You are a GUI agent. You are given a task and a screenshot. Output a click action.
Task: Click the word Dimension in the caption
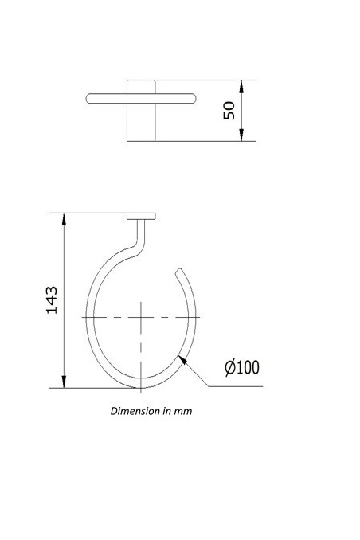pos(132,413)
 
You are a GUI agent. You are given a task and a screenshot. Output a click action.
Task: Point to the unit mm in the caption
pos(184,413)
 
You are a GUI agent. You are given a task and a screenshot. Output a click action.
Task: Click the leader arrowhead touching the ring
pos(185,360)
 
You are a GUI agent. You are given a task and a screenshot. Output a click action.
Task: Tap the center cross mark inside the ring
pos(140,317)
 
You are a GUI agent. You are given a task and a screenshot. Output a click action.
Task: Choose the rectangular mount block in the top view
pos(141,110)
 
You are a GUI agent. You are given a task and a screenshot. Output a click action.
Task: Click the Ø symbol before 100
pos(229,367)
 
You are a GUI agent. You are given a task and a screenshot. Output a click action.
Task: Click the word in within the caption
pos(166,413)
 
